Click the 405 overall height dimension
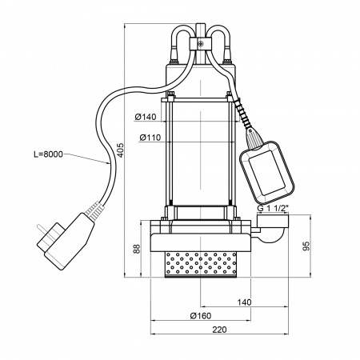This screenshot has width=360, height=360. [121, 150]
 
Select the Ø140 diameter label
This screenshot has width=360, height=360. [146, 117]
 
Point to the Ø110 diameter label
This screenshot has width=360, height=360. [150, 138]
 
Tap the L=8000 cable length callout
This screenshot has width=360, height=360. [48, 154]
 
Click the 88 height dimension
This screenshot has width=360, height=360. [137, 249]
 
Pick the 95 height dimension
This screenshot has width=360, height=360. [306, 246]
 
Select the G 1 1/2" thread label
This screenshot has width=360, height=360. [273, 208]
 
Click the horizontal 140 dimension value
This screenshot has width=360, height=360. [244, 302]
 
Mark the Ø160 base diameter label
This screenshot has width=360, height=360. [201, 316]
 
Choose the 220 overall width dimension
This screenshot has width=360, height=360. [219, 330]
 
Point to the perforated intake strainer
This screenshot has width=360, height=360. [201, 264]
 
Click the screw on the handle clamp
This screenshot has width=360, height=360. [201, 44]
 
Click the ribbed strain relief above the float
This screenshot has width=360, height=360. [242, 114]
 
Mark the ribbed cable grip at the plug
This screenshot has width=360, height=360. [94, 210]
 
